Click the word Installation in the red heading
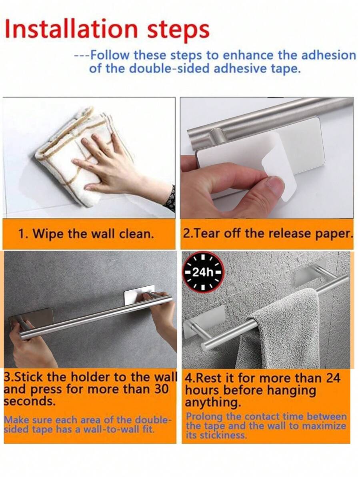click(x=71, y=29)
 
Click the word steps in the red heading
click(x=176, y=30)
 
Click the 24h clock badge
click(x=203, y=273)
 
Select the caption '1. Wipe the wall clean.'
click(x=86, y=234)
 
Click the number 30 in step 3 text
click(x=161, y=389)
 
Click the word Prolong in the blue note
click(x=203, y=416)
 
